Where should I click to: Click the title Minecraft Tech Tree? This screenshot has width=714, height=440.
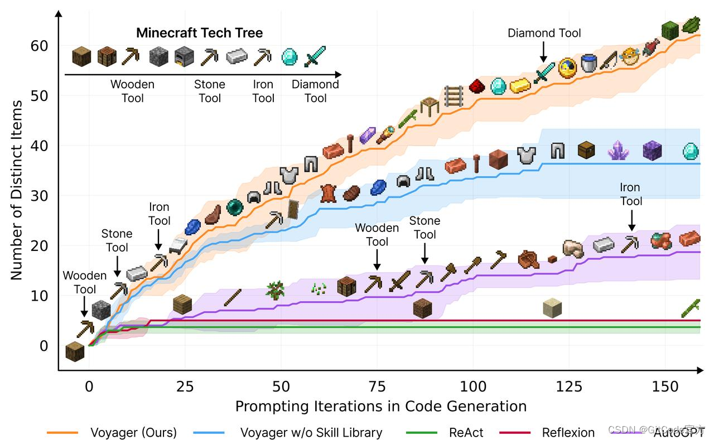point(199,33)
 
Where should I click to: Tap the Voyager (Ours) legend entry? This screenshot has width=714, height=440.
point(133,432)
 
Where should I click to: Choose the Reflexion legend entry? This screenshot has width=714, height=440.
point(568,432)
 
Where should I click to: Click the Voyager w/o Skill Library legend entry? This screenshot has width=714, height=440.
point(311,432)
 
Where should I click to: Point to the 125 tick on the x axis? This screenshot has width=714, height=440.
point(570,386)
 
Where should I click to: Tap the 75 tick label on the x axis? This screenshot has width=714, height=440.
point(378,386)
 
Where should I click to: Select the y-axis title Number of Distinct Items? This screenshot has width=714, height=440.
point(17,190)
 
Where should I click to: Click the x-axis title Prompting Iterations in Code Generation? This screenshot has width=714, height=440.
point(380,406)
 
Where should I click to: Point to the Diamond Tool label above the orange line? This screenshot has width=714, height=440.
point(544,33)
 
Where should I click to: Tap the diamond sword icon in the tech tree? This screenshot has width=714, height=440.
point(315,56)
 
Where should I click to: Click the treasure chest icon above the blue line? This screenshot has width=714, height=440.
point(586,149)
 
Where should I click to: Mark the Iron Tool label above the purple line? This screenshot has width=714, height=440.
point(631,194)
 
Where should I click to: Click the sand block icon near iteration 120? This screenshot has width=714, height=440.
point(552,307)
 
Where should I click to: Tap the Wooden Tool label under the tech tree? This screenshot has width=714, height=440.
point(132,91)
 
